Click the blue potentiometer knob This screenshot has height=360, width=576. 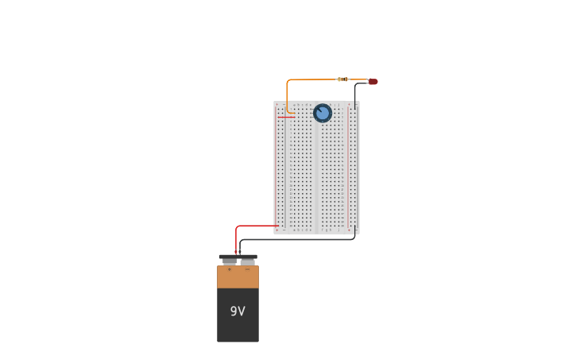pyautogui.click(x=323, y=113)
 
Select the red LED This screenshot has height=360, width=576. pyautogui.click(x=373, y=81)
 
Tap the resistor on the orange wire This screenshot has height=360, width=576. pyautogui.click(x=342, y=79)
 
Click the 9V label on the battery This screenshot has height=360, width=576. pyautogui.click(x=238, y=312)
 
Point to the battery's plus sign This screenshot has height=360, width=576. pyautogui.click(x=230, y=269)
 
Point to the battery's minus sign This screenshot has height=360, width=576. pyautogui.click(x=247, y=269)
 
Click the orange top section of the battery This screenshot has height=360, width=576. pyautogui.click(x=238, y=277)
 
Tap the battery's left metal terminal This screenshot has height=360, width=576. pyautogui.click(x=230, y=261)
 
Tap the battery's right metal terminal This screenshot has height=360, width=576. pyautogui.click(x=248, y=261)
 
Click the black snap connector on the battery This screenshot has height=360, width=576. pyautogui.click(x=238, y=256)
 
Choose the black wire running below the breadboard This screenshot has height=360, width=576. pyautogui.click(x=302, y=239)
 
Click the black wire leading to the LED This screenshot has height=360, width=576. pyautogui.click(x=355, y=91)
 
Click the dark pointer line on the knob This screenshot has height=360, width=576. pyautogui.click(x=319, y=110)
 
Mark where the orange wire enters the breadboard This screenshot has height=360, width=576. pyautogui.click(x=294, y=113)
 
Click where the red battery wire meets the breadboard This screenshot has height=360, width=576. pyautogui.click(x=277, y=226)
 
